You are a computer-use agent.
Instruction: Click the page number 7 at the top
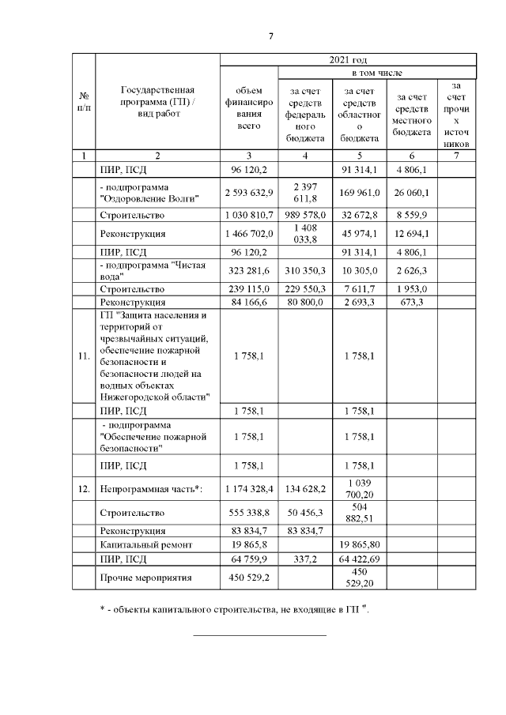(270, 36)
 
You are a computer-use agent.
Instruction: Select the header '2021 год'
(347, 59)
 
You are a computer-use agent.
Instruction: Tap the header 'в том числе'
(376, 72)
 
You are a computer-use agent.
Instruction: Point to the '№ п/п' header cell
(84, 101)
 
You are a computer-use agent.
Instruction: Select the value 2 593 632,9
(248, 191)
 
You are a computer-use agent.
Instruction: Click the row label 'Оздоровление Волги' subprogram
(151, 191)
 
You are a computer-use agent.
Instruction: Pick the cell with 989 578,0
(305, 215)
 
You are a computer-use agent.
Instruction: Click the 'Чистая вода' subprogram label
(151, 271)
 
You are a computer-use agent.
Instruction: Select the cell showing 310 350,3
(305, 271)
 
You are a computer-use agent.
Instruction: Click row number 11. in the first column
(84, 356)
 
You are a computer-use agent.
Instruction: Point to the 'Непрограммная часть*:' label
(151, 490)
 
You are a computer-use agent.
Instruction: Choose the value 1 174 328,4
(248, 490)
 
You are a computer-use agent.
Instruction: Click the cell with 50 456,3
(305, 513)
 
